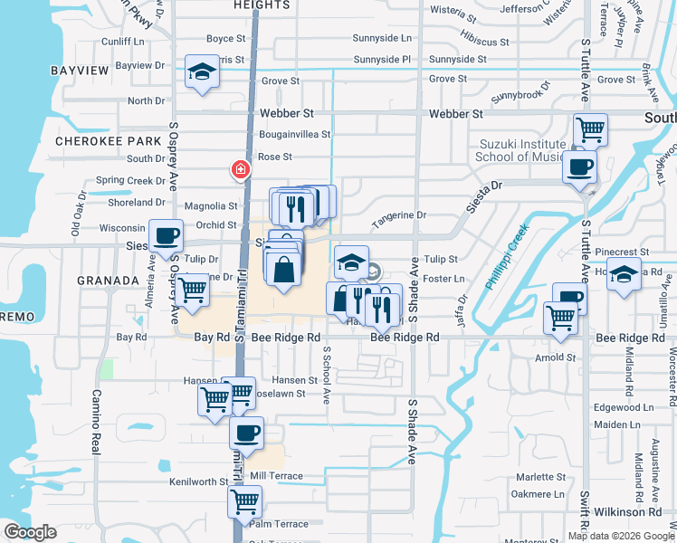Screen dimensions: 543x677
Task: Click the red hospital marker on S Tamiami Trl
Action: tap(241, 169)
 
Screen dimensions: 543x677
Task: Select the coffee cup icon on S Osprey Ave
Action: tap(166, 235)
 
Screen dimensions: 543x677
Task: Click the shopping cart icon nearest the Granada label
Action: tap(192, 291)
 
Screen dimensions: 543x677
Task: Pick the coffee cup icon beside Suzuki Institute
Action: tap(578, 167)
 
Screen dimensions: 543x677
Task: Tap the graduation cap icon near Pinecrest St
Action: tap(624, 272)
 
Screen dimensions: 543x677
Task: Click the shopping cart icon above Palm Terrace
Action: tap(244, 500)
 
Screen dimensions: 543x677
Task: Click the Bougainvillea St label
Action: tap(282, 134)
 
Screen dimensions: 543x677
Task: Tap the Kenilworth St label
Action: tap(199, 482)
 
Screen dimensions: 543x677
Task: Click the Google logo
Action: tap(30, 532)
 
